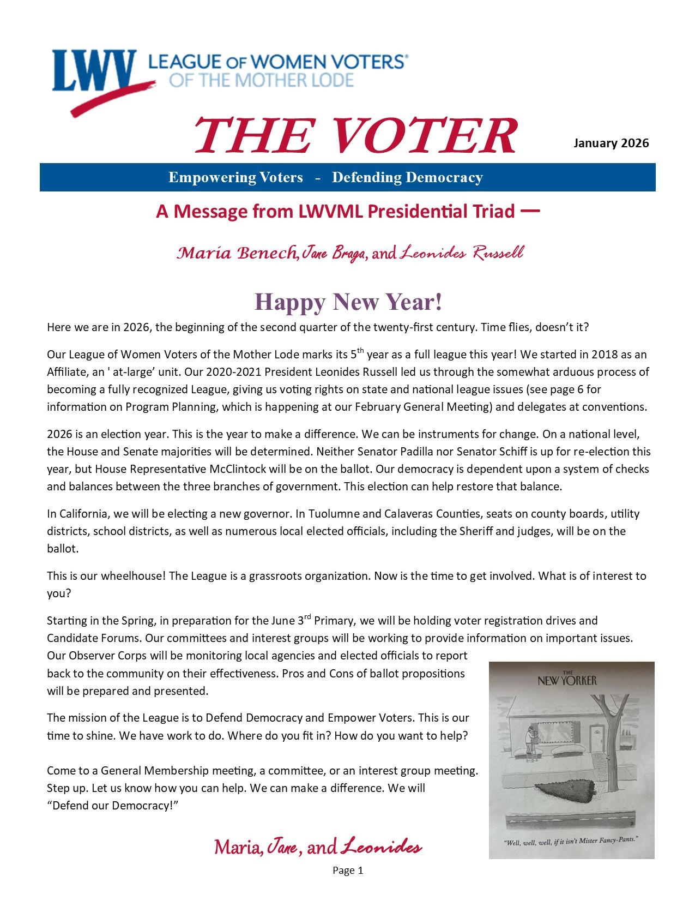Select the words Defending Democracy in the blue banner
[x=407, y=177]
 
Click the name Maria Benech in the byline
[x=237, y=253]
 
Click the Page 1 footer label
[x=347, y=871]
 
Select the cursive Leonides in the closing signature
[x=381, y=848]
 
